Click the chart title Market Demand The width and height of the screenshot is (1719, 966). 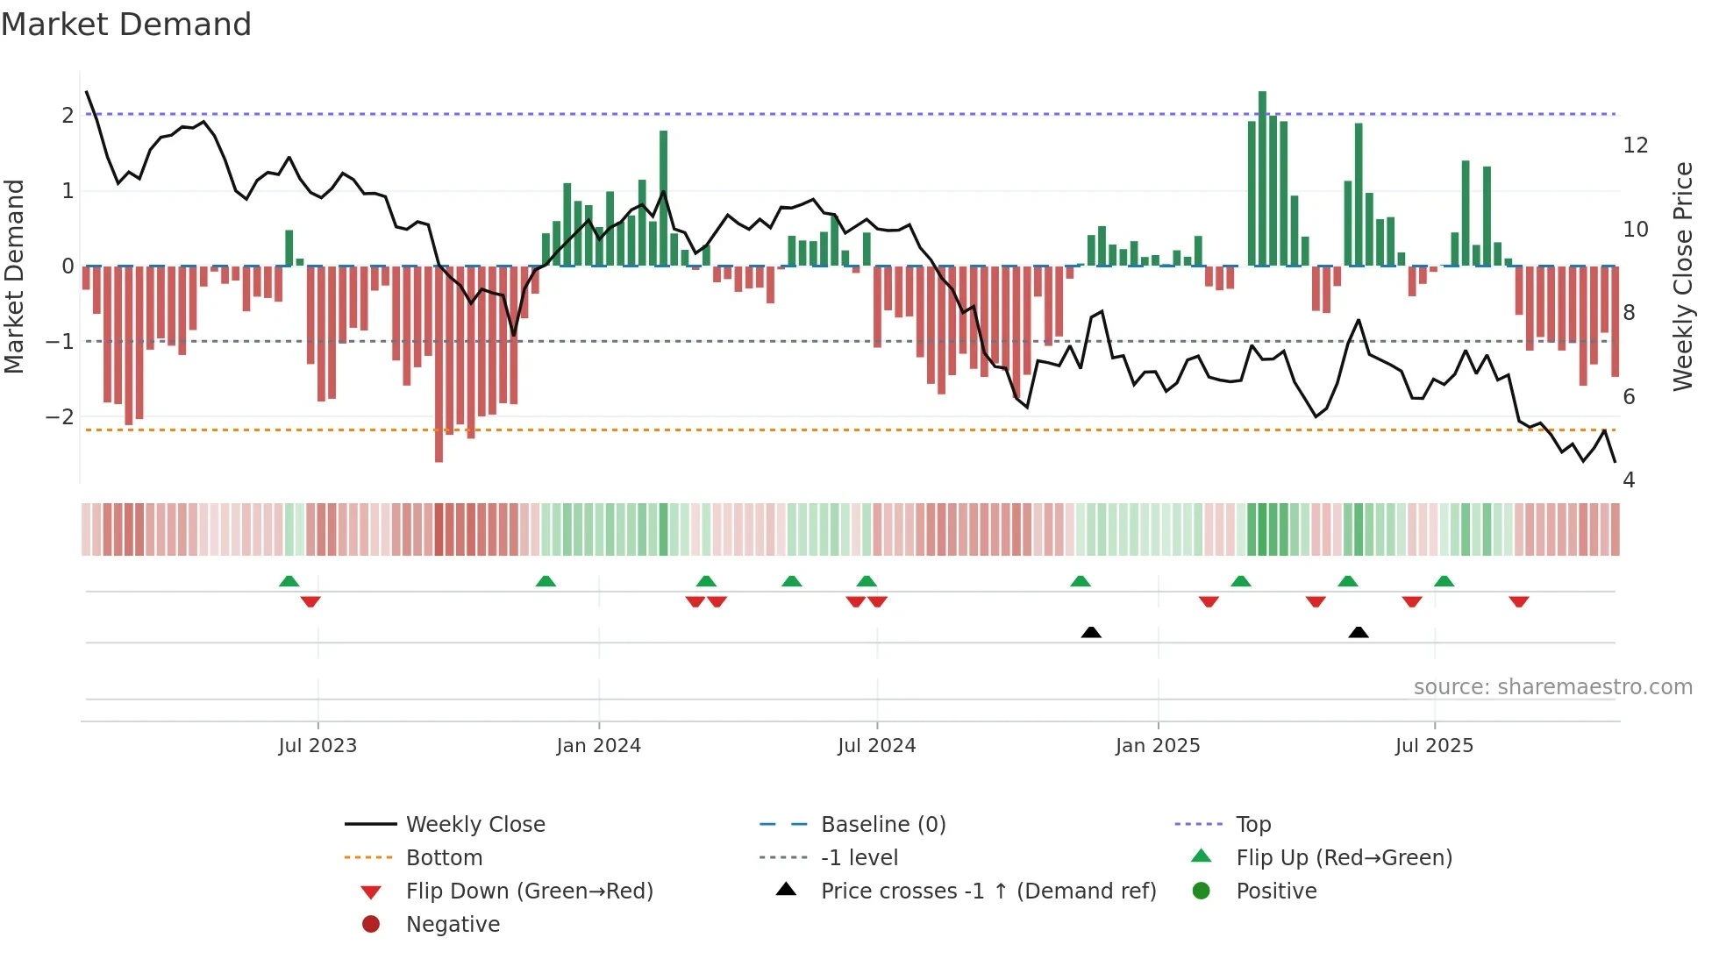pos(126,25)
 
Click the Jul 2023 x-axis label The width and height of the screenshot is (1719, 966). pos(317,746)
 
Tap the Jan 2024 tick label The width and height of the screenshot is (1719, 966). pos(598,746)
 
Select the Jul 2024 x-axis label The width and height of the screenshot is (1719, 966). pos(876,746)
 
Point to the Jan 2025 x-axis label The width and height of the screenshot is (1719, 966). pos(1158,746)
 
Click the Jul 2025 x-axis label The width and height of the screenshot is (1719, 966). pos(1434,746)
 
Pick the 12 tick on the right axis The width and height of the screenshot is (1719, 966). pos(1635,146)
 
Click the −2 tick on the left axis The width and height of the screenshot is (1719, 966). pos(60,417)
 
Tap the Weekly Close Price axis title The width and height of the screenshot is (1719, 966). pos(1683,276)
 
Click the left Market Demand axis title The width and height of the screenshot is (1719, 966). pos(14,276)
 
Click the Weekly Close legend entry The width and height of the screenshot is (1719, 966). pos(474,825)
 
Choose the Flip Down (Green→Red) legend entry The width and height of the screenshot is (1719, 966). pos(529,891)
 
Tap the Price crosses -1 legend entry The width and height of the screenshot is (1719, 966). pos(988,891)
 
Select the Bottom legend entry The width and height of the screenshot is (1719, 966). pos(444,858)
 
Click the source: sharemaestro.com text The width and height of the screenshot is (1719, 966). pos(1552,687)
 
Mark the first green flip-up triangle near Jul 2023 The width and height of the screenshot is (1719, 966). pos(289,581)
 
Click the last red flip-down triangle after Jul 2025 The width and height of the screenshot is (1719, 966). pos(1519,602)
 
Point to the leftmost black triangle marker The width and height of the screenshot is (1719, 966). pos(1091,632)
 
